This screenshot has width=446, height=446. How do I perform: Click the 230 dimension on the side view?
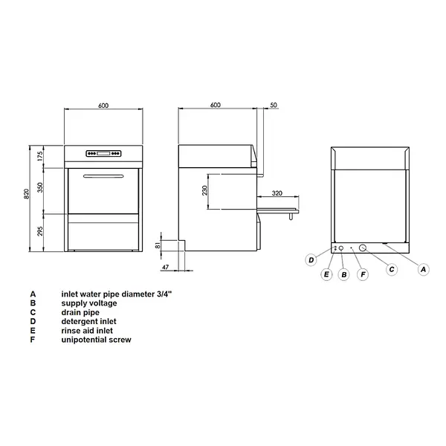204,191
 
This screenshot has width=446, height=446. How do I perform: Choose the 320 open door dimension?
277,193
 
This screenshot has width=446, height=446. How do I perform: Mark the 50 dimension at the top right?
274,106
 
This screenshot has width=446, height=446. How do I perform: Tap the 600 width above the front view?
103,106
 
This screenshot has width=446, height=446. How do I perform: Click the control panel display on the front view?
103,155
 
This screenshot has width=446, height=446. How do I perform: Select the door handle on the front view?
103,177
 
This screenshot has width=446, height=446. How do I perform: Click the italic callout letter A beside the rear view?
423,270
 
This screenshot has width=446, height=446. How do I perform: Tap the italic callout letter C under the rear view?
391,270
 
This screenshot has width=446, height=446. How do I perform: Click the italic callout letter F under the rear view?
363,274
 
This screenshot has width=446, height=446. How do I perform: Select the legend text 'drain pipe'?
81,312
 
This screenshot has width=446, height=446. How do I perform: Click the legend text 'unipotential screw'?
97,340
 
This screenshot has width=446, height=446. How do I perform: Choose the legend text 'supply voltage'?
89,303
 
